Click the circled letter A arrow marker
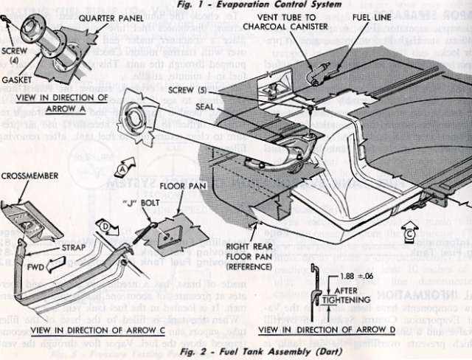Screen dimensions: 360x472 pyautogui.click(x=122, y=167)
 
